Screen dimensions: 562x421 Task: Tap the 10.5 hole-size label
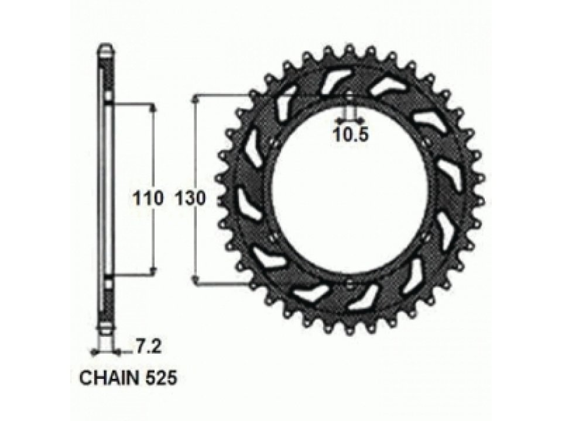[x=351, y=136]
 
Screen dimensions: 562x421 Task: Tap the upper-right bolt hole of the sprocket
[x=430, y=143]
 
